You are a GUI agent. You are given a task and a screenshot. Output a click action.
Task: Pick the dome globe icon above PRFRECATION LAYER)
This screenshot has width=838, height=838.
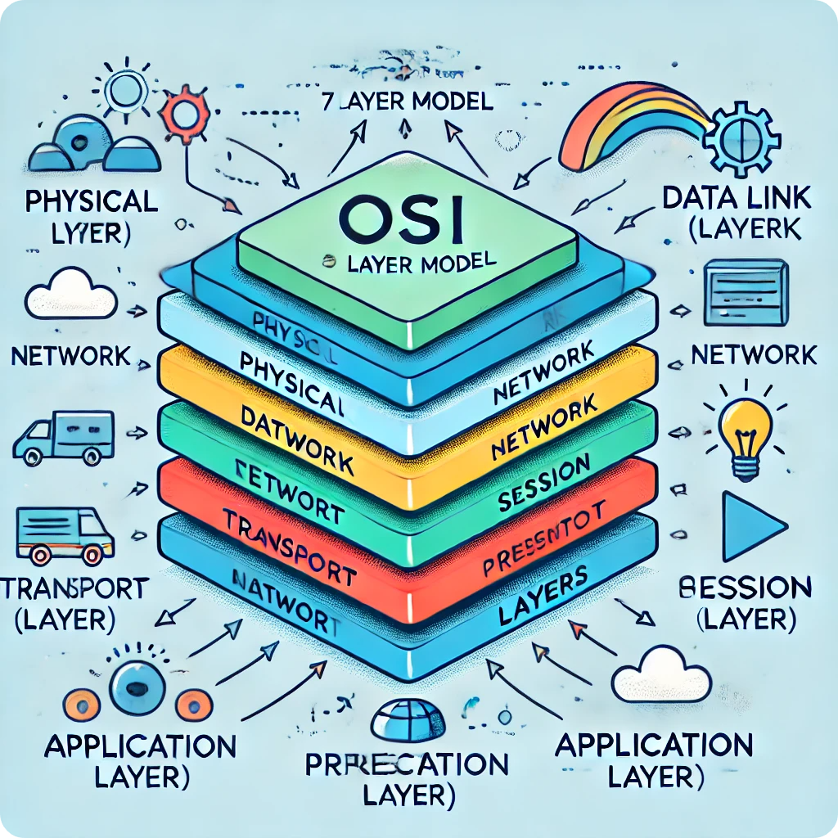(x=408, y=720)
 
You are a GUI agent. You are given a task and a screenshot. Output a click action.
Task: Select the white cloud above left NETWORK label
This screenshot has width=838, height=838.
(x=72, y=295)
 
